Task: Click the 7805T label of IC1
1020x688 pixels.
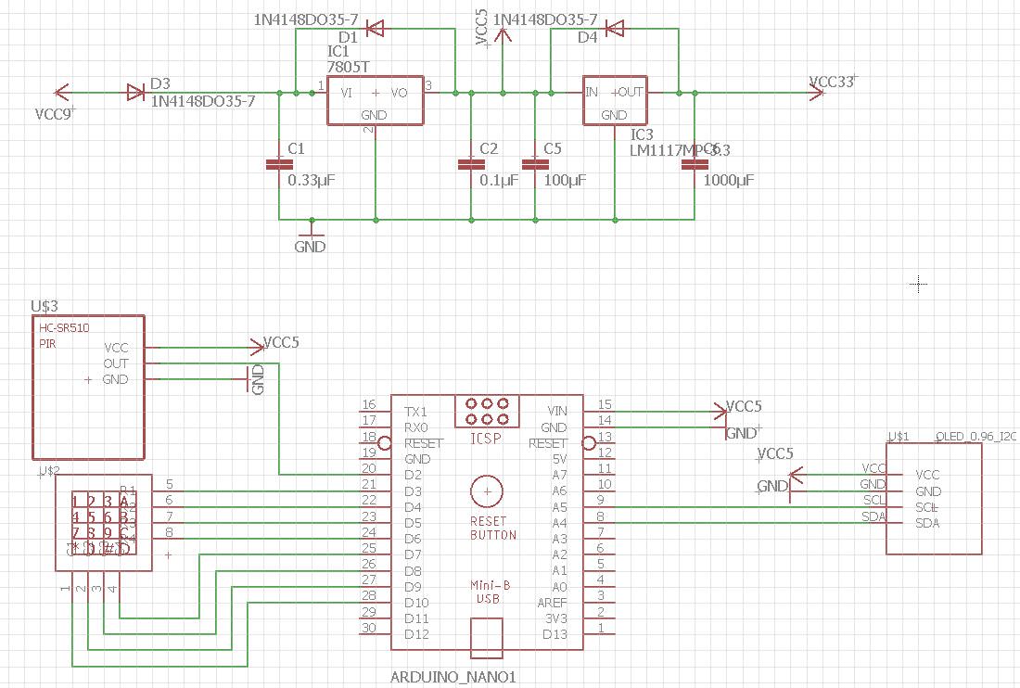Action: click(x=349, y=68)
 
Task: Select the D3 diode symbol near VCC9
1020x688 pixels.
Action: click(x=135, y=92)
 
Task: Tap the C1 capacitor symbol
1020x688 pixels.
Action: click(x=273, y=164)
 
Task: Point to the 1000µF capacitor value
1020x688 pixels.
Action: click(x=729, y=180)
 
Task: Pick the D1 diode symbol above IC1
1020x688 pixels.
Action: click(x=375, y=29)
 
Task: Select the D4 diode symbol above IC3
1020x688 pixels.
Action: click(x=615, y=29)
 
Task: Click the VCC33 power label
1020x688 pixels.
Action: click(x=831, y=82)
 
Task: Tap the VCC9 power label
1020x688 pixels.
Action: click(x=55, y=115)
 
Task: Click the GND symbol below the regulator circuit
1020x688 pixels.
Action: click(x=311, y=247)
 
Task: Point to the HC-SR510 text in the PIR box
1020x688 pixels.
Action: click(x=64, y=328)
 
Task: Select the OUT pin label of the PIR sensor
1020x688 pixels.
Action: click(x=116, y=363)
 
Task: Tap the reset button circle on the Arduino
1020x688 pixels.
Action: click(x=486, y=492)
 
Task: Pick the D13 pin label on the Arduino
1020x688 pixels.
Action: click(x=555, y=634)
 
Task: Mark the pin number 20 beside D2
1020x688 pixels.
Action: click(x=369, y=468)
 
